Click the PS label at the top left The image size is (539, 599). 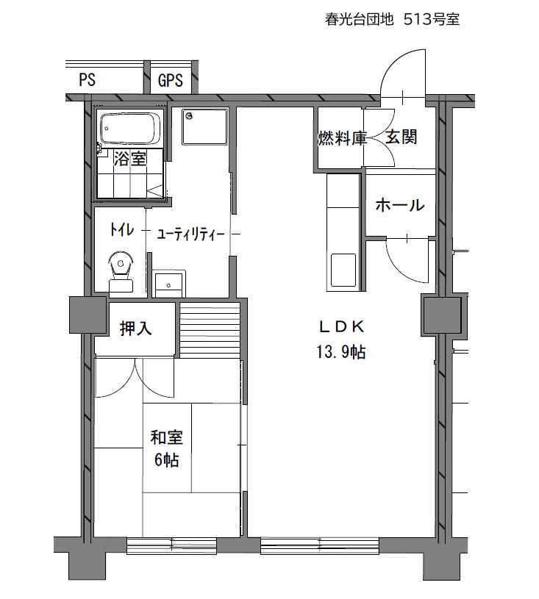[88, 80]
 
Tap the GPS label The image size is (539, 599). [171, 80]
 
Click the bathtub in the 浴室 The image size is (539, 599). [130, 129]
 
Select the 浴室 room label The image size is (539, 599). [130, 159]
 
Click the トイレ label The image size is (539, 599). [121, 230]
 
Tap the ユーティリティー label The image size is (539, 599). [190, 234]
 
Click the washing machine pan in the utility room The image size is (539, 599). [205, 128]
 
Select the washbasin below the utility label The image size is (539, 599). [169, 284]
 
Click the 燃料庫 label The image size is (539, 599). [343, 138]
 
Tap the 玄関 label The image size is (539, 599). [401, 137]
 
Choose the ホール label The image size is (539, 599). [400, 205]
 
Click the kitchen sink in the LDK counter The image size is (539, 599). [343, 273]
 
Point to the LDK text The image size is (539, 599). [342, 326]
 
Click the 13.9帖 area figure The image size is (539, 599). [340, 352]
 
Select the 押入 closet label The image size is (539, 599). [136, 328]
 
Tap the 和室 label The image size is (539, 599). [167, 437]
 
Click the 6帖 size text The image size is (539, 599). [167, 459]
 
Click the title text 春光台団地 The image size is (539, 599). [360, 19]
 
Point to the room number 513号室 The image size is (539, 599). [432, 19]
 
